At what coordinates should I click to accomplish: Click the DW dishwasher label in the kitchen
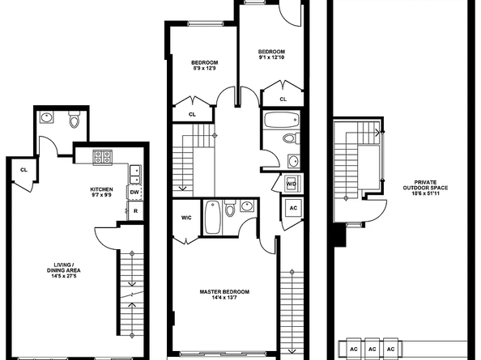(134, 193)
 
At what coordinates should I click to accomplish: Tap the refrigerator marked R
(135, 211)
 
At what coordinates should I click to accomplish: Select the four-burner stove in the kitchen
(103, 157)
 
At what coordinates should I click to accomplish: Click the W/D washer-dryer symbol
(292, 184)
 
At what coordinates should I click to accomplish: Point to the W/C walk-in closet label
(186, 218)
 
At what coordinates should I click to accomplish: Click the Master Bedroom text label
(224, 292)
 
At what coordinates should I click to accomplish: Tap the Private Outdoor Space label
(425, 184)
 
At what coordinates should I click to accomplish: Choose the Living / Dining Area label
(63, 268)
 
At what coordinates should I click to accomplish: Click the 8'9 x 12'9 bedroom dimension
(204, 68)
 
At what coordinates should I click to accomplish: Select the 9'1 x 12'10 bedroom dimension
(271, 57)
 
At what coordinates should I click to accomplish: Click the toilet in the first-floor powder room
(74, 120)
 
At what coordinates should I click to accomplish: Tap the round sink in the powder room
(47, 117)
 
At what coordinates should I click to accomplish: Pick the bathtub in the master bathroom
(212, 218)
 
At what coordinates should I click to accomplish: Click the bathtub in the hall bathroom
(281, 121)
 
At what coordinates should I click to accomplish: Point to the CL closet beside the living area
(23, 170)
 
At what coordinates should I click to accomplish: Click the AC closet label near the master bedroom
(293, 208)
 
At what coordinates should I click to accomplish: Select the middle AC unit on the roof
(372, 349)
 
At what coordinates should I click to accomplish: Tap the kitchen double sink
(135, 175)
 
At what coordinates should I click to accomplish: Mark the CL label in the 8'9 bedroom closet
(192, 115)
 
